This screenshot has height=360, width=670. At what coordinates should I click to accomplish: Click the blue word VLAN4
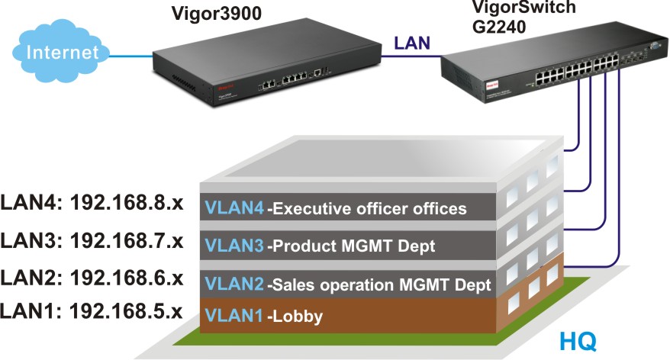point(234,207)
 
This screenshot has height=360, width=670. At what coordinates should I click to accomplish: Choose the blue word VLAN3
point(234,246)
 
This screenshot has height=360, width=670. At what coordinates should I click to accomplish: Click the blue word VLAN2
point(234,285)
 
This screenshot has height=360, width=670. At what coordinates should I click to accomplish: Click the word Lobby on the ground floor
point(297,317)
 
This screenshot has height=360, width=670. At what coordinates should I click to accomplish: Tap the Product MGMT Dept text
point(353,246)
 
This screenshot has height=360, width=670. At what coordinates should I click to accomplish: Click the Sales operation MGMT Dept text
point(380,285)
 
